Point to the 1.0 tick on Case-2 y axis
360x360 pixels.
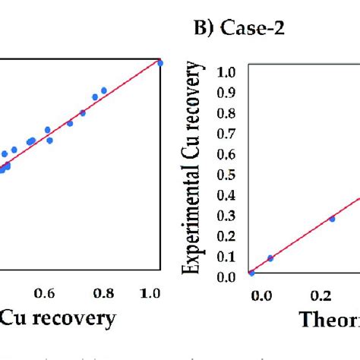[226, 73]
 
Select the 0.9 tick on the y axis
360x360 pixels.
[226, 93]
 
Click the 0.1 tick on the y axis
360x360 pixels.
[226, 257]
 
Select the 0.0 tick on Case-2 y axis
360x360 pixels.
[226, 276]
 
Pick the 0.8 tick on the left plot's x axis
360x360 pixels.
[104, 293]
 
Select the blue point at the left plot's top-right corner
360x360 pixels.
[160, 63]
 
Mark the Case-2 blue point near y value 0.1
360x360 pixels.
[270, 258]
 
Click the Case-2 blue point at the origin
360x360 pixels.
[251, 273]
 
